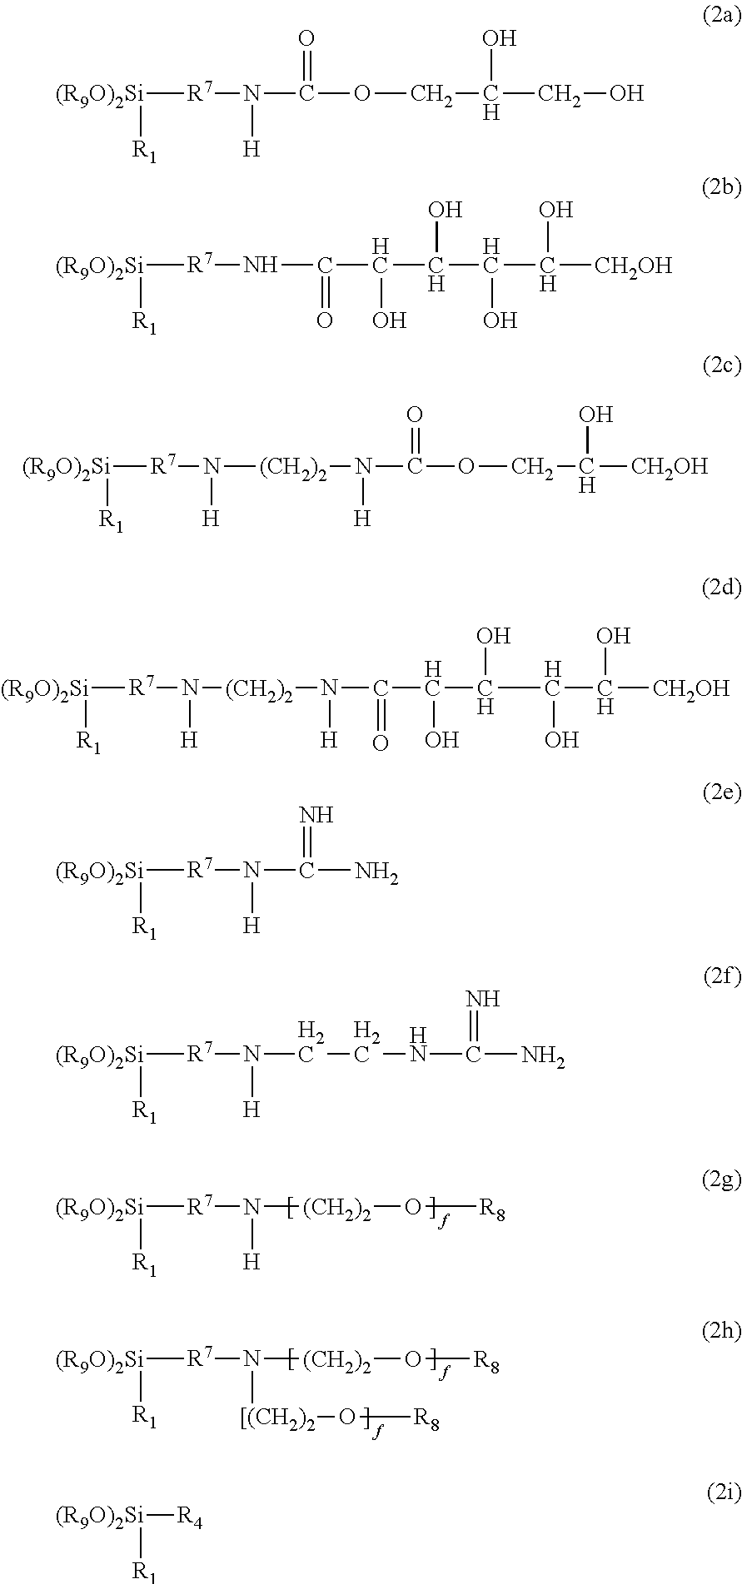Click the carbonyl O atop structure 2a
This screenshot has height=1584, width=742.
pyautogui.click(x=306, y=38)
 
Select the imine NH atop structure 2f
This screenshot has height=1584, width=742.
pyautogui.click(x=482, y=998)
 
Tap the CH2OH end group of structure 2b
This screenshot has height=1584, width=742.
pyautogui.click(x=634, y=266)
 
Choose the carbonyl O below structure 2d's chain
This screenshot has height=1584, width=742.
pyautogui.click(x=380, y=743)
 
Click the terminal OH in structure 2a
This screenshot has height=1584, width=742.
pyautogui.click(x=626, y=93)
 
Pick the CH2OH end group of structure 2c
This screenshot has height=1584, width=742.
pyautogui.click(x=670, y=466)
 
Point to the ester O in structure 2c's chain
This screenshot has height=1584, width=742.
pyautogui.click(x=466, y=466)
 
